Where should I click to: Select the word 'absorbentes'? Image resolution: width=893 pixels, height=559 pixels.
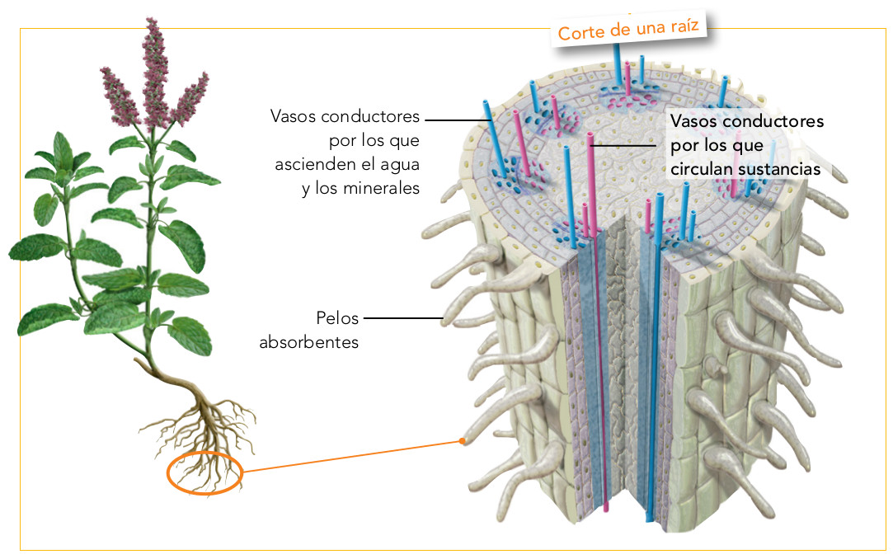pos(309,341)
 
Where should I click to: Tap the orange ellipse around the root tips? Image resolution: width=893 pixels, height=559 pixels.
pos(204,475)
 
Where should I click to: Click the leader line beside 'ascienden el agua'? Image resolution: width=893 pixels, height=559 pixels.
pos(459,120)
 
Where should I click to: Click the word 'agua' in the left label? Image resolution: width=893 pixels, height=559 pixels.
pos(398,163)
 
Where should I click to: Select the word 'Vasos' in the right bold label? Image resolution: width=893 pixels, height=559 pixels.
pos(695,120)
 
